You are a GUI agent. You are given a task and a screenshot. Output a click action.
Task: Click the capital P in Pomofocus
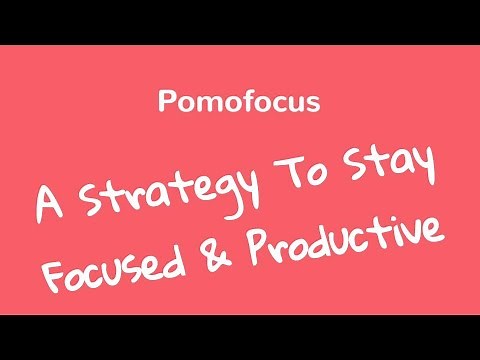coord(166,102)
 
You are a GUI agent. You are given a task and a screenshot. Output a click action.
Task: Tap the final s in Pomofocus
coord(312,103)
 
